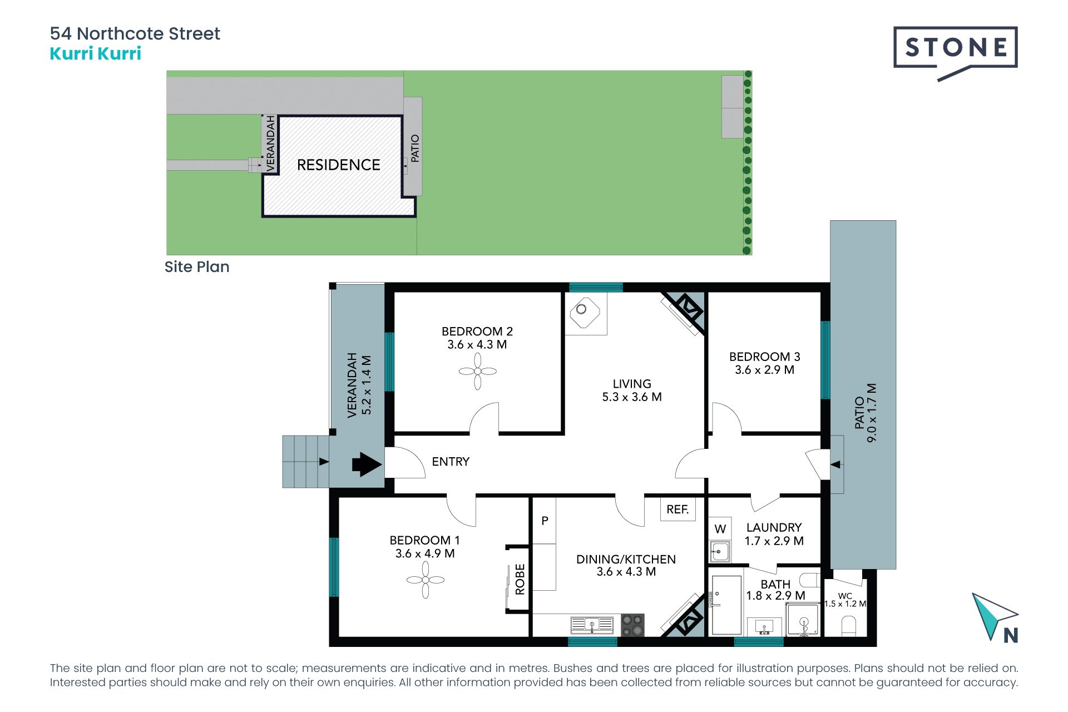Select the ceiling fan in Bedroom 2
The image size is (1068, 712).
pos(478,371)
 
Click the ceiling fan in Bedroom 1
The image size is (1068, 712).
pos(426,580)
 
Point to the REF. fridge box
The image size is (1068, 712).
pos(678,509)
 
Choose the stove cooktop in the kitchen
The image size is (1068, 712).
pos(632,625)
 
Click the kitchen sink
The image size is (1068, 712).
pos(592,625)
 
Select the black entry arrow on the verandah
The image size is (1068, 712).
pos(367,464)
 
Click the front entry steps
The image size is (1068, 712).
pos(305,462)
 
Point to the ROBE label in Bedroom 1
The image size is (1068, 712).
pos(520,579)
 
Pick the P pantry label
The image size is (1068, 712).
pos(545,521)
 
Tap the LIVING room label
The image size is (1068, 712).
pos(632,384)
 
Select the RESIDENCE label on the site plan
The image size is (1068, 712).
pos(339,165)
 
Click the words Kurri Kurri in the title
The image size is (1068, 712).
pos(96,53)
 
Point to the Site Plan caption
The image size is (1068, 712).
pos(197,267)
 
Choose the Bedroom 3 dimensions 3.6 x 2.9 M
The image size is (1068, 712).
pos(764,370)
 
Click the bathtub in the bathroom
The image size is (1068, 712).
pos(726,605)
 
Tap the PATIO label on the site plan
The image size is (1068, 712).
pos(415,149)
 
